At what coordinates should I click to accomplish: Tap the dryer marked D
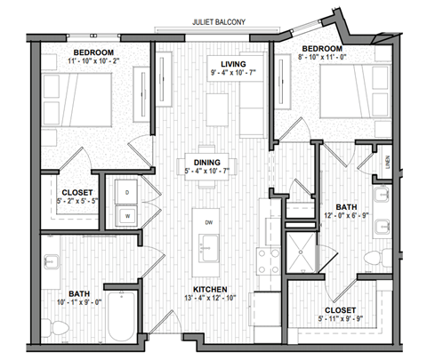pos(127,192)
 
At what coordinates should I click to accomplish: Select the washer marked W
pos(127,214)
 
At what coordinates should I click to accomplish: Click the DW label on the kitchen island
pos(207,222)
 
